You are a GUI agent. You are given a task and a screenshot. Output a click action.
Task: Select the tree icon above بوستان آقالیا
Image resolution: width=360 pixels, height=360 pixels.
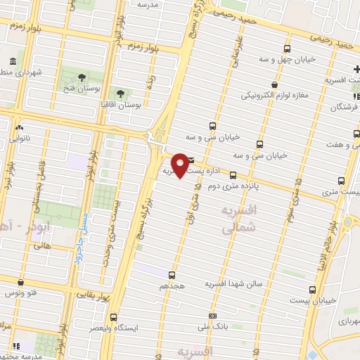[x=120, y=93]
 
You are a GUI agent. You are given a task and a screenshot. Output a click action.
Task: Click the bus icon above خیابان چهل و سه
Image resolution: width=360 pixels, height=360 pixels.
[x=287, y=49]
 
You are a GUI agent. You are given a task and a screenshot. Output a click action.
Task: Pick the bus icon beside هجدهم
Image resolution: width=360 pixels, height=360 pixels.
[x=172, y=275]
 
